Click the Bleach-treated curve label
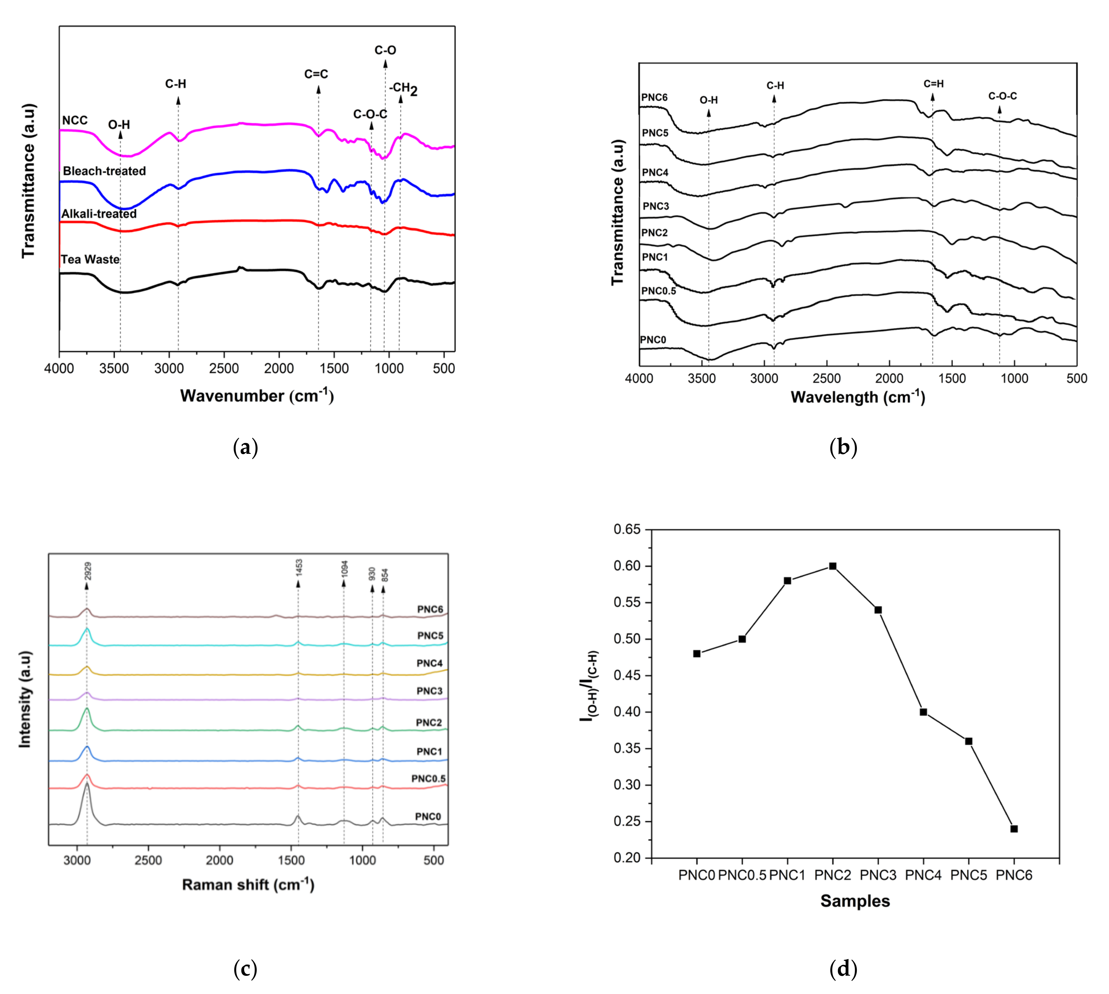tap(104, 171)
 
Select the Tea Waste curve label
tap(90, 259)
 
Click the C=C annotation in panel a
tap(316, 74)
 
